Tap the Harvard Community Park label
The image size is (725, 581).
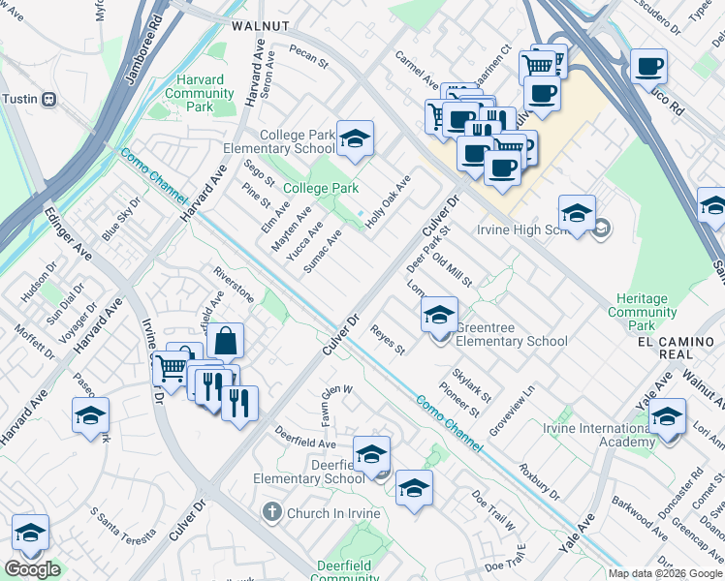pyautogui.click(x=200, y=93)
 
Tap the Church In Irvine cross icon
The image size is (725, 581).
pyautogui.click(x=273, y=511)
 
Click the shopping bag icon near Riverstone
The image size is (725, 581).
pyautogui.click(x=225, y=341)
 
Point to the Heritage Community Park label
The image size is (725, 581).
pyautogui.click(x=642, y=313)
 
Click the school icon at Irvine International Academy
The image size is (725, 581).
pyautogui.click(x=667, y=417)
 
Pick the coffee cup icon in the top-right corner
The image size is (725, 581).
pyautogui.click(x=648, y=68)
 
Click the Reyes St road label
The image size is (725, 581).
pyautogui.click(x=387, y=339)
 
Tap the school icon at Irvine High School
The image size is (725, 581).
pyautogui.click(x=577, y=214)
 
